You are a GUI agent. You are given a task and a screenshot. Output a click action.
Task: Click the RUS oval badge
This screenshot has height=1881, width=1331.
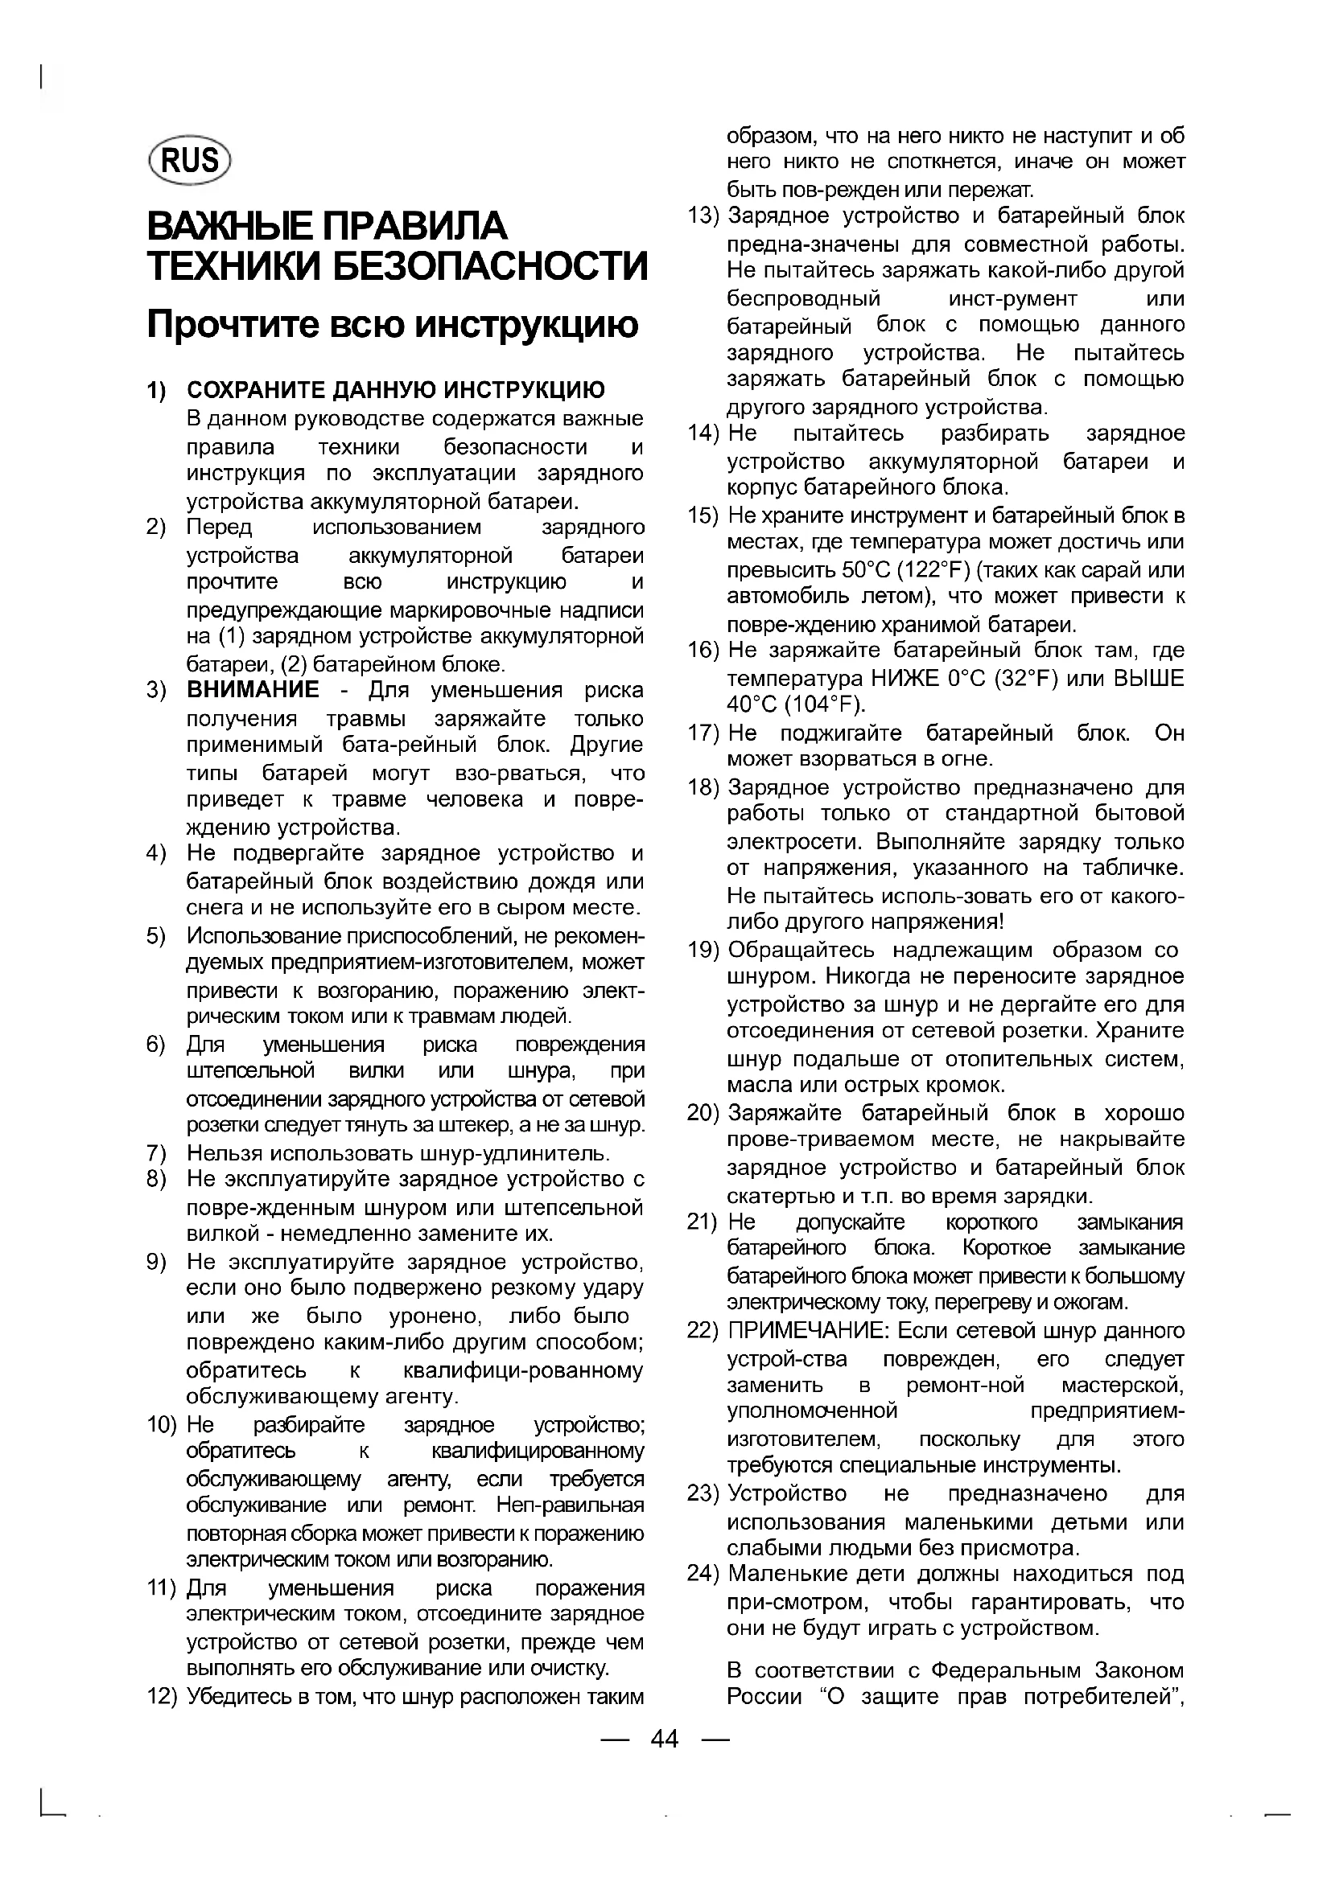190,160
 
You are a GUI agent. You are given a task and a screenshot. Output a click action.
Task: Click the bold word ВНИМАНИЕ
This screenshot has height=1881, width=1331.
253,690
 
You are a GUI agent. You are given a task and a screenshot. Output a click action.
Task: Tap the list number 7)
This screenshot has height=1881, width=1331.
157,1153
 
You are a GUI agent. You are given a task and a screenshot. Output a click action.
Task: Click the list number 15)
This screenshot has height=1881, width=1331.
703,516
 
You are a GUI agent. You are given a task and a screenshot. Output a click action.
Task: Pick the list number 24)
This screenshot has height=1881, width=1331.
703,1574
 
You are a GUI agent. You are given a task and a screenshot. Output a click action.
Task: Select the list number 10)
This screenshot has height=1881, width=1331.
162,1425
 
